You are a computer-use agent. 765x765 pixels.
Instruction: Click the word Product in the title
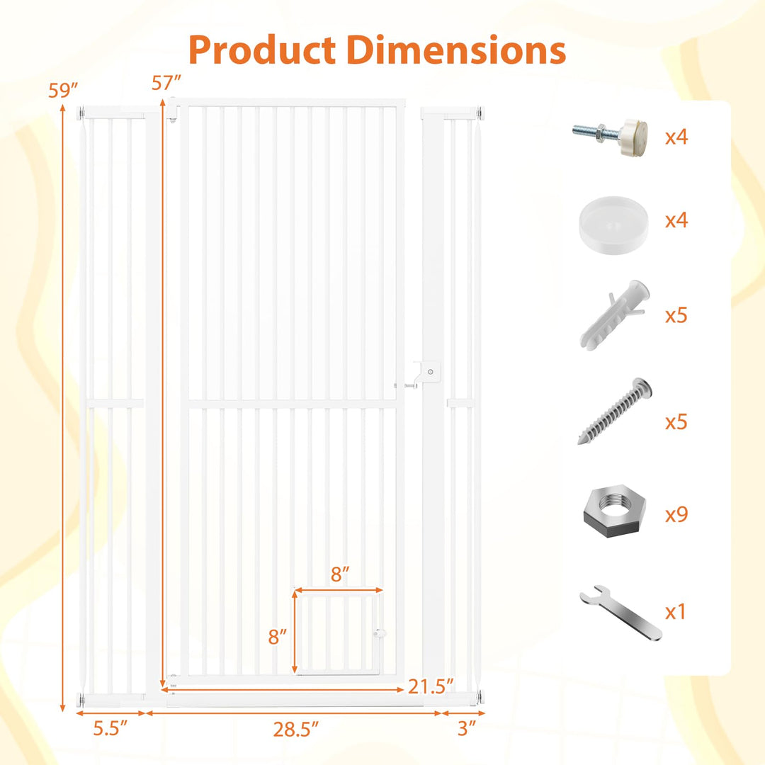pos(262,50)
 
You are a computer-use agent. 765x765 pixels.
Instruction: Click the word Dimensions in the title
pos(456,50)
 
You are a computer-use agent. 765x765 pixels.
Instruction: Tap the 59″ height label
pos(64,91)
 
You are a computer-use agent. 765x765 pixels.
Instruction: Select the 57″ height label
pos(166,83)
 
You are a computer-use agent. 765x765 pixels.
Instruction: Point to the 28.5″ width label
pos(295,730)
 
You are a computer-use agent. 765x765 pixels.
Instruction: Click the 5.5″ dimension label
pos(110,728)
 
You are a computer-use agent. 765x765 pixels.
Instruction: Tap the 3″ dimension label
pos(467,728)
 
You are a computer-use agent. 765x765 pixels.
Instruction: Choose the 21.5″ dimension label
pos(431,686)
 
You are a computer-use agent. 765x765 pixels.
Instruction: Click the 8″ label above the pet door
pos(340,574)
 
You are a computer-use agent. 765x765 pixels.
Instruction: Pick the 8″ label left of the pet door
pos(277,636)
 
